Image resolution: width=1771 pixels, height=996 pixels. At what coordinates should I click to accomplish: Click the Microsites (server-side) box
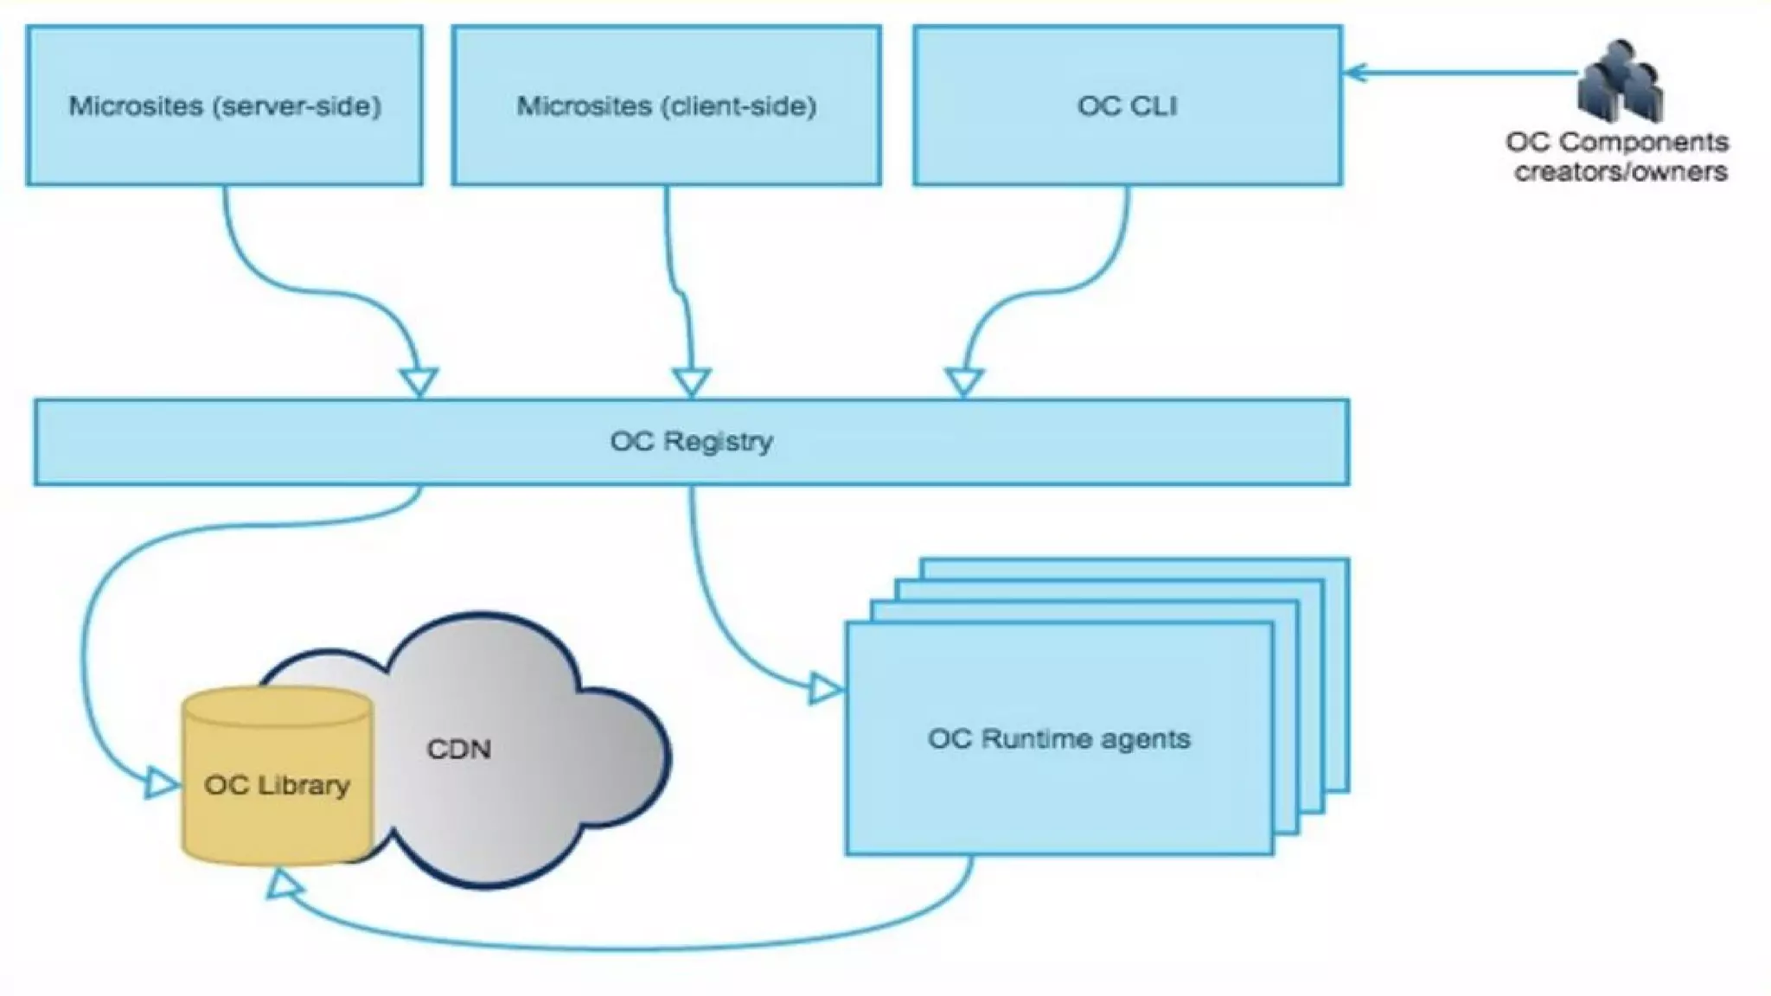tap(225, 105)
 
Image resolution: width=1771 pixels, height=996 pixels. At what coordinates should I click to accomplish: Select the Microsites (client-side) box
tap(667, 105)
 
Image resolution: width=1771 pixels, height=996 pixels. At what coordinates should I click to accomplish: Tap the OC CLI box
tap(1128, 105)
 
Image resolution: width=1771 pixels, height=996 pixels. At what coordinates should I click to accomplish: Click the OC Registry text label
tap(692, 441)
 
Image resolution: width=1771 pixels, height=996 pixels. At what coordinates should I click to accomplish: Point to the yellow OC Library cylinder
tap(278, 776)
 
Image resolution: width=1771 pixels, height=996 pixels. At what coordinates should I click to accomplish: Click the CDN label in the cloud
tap(459, 749)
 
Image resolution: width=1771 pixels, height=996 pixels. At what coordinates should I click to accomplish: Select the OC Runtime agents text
tap(1059, 739)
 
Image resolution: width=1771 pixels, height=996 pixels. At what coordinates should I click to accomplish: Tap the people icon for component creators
tap(1621, 81)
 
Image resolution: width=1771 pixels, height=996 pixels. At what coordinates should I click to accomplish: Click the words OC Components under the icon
tap(1617, 142)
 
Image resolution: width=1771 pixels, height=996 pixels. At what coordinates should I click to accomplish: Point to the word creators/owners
tap(1621, 171)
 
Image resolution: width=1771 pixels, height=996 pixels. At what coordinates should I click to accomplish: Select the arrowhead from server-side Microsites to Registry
tap(419, 382)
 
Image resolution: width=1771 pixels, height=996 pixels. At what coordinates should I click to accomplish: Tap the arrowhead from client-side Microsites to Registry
tap(692, 382)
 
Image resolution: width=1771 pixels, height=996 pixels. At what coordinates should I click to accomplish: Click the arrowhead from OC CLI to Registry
tap(964, 382)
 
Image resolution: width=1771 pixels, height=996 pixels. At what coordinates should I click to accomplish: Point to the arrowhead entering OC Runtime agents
tap(827, 689)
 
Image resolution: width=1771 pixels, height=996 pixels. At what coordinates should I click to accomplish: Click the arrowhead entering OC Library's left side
tap(163, 783)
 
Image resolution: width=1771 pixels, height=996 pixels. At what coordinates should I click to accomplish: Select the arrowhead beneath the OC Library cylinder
tap(282, 884)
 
